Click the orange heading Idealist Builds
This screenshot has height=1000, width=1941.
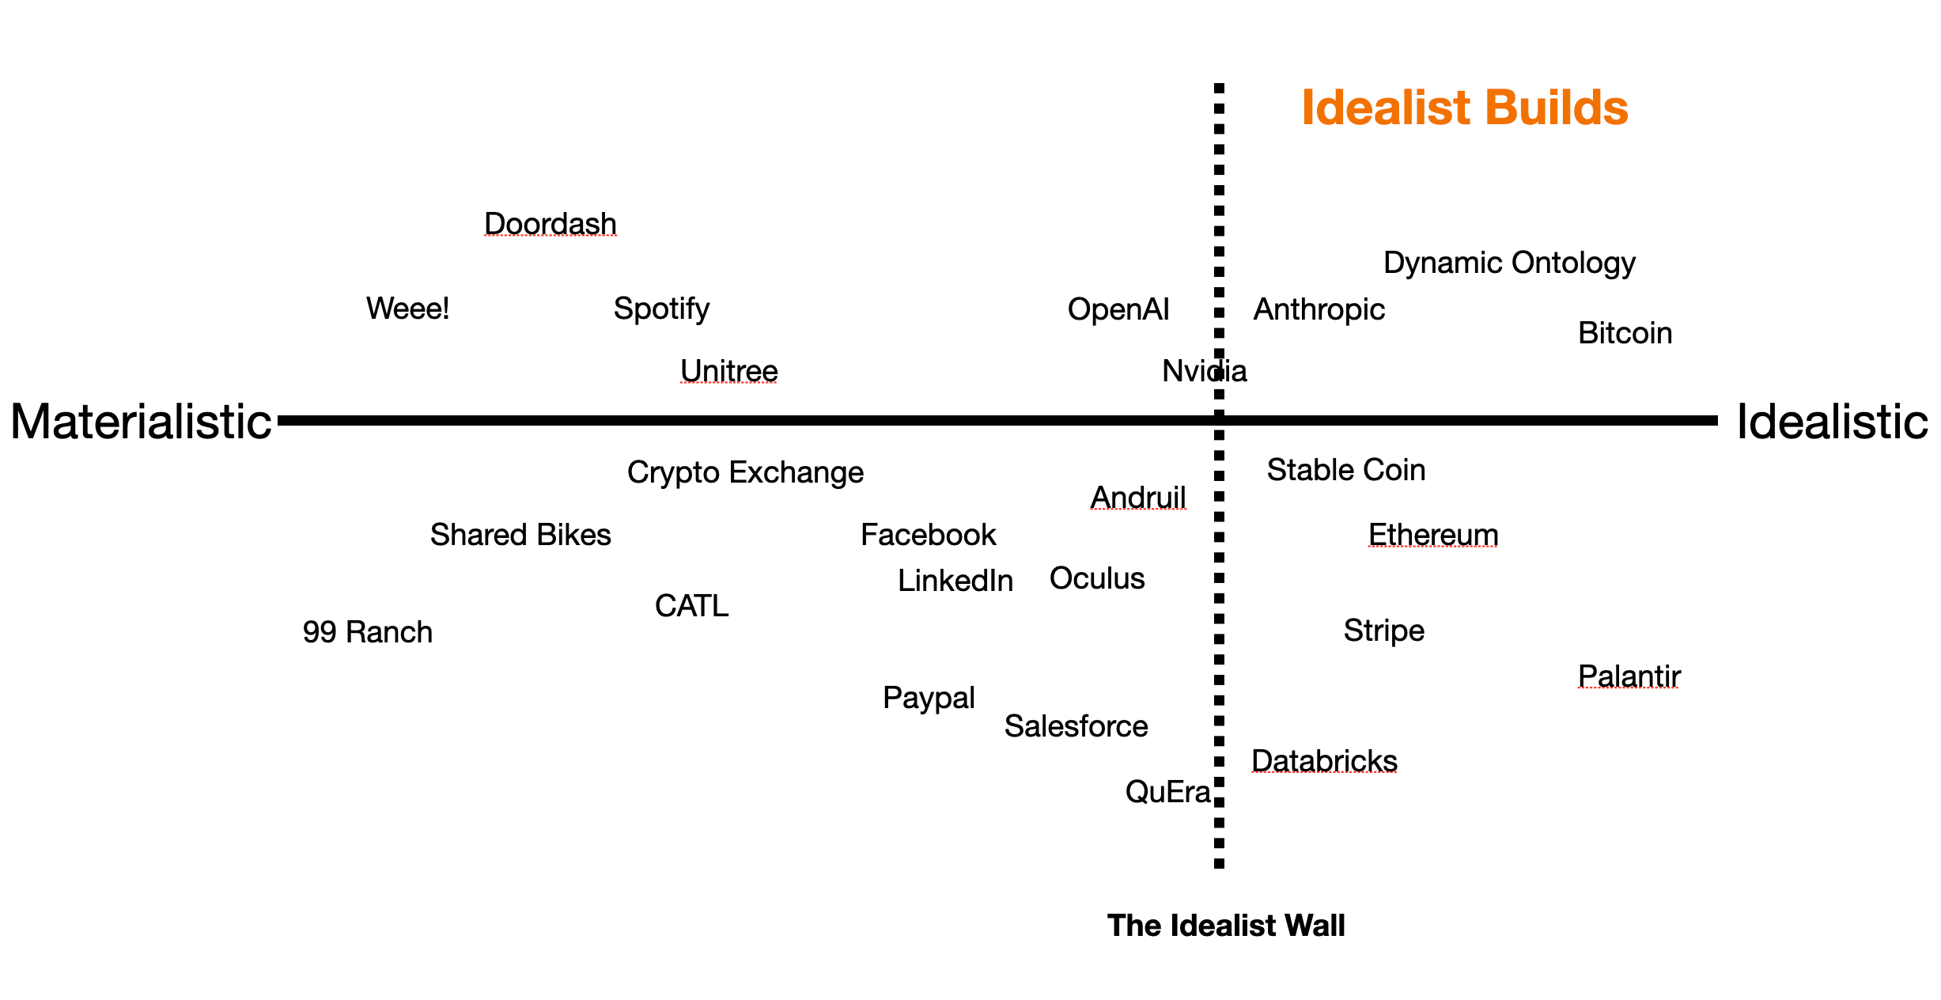(x=1464, y=108)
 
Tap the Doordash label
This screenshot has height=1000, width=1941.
(x=551, y=224)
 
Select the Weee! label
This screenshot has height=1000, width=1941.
(x=407, y=309)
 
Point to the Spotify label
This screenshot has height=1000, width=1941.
(x=661, y=309)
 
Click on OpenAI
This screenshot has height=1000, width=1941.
(x=1118, y=309)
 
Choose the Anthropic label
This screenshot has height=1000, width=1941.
(x=1319, y=309)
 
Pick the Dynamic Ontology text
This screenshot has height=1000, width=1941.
(x=1509, y=263)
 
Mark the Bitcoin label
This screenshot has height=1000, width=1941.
(x=1625, y=333)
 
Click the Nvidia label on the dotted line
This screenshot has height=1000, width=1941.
(x=1204, y=371)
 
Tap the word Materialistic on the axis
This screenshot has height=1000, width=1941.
(x=141, y=422)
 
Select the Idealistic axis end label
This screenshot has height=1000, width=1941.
(x=1832, y=422)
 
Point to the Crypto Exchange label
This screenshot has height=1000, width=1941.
(x=745, y=472)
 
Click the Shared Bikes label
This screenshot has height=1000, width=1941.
(x=520, y=535)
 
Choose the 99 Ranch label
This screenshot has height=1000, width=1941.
(x=368, y=632)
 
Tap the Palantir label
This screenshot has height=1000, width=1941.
(x=1629, y=676)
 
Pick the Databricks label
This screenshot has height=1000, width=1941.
(x=1324, y=760)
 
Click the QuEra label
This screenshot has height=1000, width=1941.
(x=1167, y=792)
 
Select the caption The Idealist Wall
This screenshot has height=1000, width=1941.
(x=1226, y=926)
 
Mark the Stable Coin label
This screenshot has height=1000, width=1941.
(x=1346, y=470)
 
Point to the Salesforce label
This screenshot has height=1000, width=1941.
(x=1076, y=726)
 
